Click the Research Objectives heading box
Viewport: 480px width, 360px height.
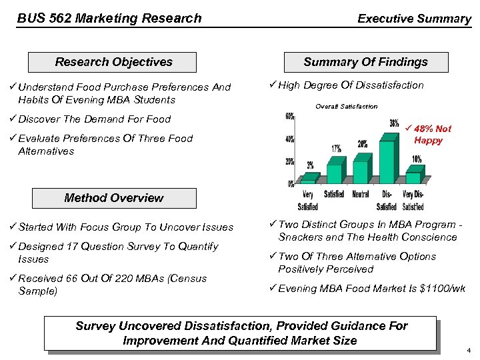(x=113, y=62)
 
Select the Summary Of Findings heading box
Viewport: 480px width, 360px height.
(x=365, y=62)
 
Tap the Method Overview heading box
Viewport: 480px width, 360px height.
(x=113, y=198)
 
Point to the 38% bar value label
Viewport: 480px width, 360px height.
(x=395, y=124)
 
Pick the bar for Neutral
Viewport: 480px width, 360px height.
(x=360, y=171)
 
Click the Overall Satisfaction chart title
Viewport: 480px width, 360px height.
(x=346, y=106)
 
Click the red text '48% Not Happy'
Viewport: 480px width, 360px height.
(x=431, y=135)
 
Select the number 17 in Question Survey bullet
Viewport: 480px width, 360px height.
(x=87, y=247)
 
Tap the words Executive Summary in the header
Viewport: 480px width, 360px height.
(x=414, y=19)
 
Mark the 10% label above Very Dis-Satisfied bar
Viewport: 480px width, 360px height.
(x=417, y=159)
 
